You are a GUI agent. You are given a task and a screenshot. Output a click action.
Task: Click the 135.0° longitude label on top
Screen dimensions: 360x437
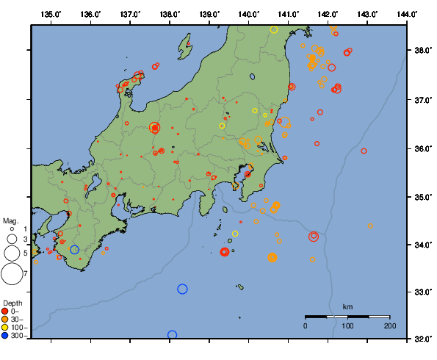pos(51,14)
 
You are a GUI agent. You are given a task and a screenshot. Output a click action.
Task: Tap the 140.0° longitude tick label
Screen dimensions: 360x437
pos(249,14)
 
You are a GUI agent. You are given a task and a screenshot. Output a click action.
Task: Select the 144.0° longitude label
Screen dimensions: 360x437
pos(408,14)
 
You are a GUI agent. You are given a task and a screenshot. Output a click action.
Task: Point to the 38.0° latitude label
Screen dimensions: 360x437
pos(422,51)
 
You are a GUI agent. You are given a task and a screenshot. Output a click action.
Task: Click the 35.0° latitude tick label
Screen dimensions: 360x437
pos(422,197)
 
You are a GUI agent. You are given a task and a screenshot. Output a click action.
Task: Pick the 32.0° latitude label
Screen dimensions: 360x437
pos(422,339)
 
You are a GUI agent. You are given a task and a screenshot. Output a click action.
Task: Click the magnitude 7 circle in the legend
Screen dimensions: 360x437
pos(11,274)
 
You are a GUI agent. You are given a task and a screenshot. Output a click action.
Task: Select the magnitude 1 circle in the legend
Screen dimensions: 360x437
pos(11,230)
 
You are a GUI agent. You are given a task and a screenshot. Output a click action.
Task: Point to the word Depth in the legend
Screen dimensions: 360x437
pos(12,303)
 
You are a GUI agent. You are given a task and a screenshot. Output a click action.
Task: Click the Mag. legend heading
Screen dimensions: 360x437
pos(10,220)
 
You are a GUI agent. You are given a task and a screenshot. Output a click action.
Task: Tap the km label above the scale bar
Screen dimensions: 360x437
pos(347,306)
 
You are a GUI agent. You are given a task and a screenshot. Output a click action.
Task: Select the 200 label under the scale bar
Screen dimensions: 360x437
pos(390,325)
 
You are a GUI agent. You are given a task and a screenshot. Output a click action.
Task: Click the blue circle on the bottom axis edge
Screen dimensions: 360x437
pos(172,336)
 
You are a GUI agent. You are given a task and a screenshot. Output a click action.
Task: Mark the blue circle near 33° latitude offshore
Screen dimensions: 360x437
pos(182,289)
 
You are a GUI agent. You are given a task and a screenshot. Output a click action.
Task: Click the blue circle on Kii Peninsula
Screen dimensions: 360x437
pos(74,250)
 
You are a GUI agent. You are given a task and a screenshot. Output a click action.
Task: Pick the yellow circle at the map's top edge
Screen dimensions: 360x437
pos(274,29)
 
